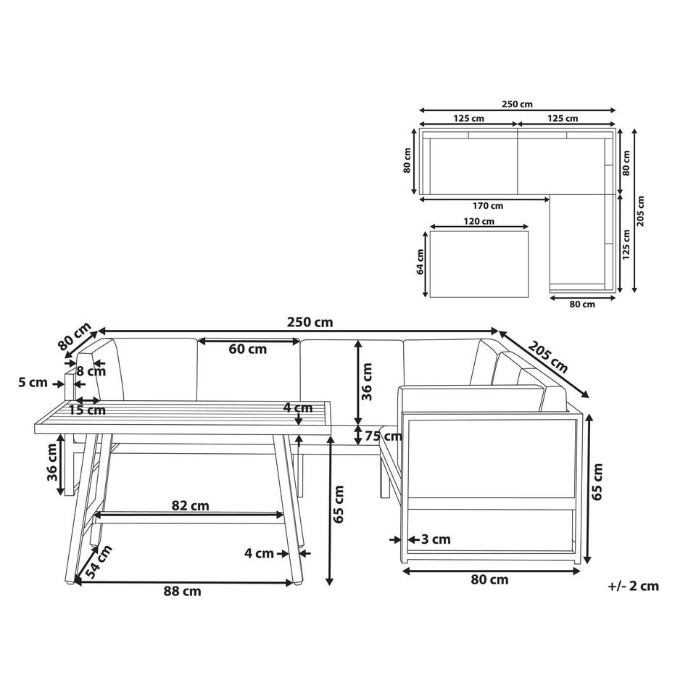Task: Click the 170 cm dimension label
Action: point(488,206)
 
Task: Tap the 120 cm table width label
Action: point(478,221)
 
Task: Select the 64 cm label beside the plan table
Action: point(420,262)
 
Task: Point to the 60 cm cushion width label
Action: point(248,349)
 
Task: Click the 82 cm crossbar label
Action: point(191,505)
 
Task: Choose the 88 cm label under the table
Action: point(183,592)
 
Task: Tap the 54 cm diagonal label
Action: point(99,562)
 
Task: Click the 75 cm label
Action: point(384,436)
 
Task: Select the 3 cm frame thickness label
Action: point(436,539)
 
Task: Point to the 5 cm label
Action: point(33,383)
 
